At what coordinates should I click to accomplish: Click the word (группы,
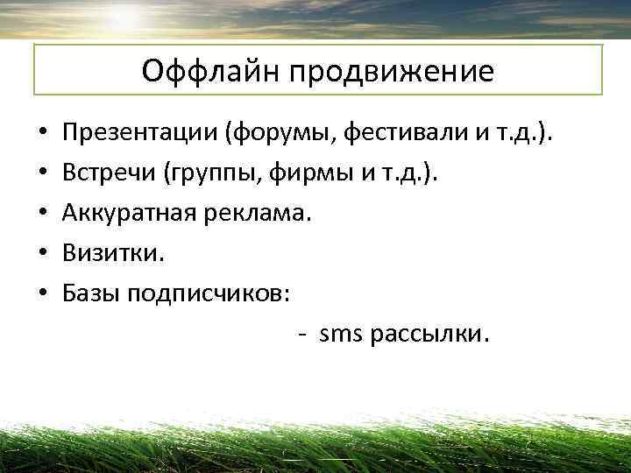click(207, 174)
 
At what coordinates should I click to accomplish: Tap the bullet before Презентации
click(42, 137)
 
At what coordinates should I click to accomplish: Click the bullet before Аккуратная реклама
click(42, 215)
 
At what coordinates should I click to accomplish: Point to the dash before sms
click(301, 335)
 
